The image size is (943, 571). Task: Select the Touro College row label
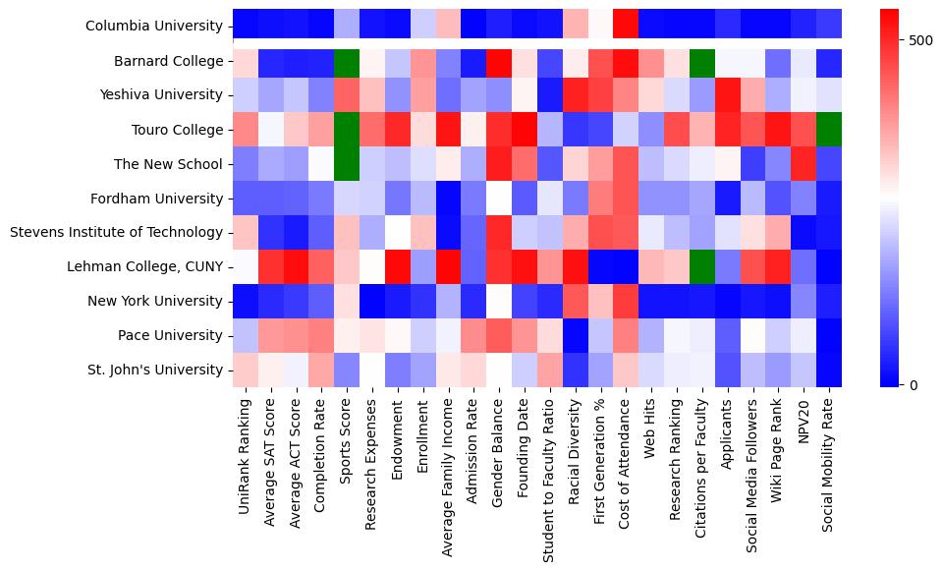tap(178, 130)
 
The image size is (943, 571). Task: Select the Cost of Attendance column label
tap(626, 454)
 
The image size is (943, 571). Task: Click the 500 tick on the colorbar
tap(919, 41)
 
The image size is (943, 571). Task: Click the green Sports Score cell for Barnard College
tap(347, 61)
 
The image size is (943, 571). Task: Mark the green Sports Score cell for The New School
tap(347, 164)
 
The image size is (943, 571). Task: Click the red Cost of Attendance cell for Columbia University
tap(626, 22)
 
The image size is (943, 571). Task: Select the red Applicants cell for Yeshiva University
tap(728, 95)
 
